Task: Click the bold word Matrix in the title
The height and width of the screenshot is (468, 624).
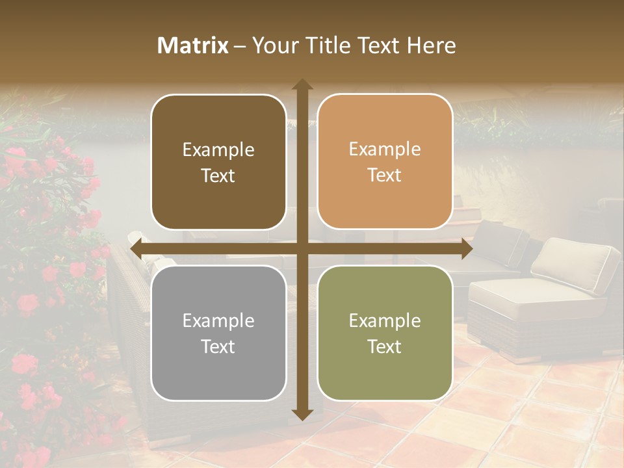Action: click(193, 45)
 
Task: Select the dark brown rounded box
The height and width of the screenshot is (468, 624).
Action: click(218, 162)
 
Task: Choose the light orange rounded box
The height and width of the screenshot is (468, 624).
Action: click(385, 162)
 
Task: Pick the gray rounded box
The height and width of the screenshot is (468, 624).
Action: click(218, 333)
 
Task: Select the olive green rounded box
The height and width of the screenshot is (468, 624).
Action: click(385, 333)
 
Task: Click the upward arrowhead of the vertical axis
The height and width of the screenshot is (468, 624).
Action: click(302, 85)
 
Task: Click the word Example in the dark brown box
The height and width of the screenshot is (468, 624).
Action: click(218, 150)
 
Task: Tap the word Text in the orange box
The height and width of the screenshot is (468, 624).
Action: click(385, 175)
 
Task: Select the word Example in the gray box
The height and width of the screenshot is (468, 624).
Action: click(218, 321)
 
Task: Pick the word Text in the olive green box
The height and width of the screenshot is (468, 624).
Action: click(385, 346)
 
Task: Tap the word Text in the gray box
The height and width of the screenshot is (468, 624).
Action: click(218, 346)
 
